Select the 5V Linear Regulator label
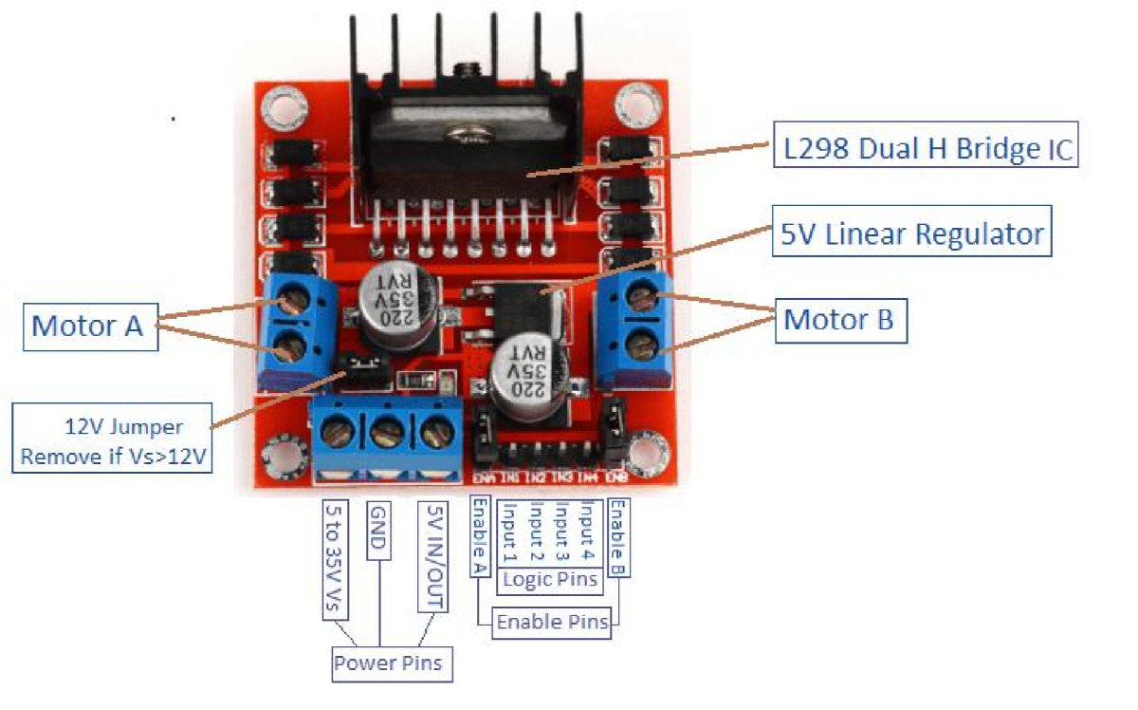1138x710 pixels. pyautogui.click(x=911, y=233)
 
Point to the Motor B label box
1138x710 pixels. pyautogui.click(x=839, y=320)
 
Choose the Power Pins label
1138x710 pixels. pyautogui.click(x=389, y=663)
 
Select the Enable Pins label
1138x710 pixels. pyautogui.click(x=555, y=624)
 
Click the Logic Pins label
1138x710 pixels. pyautogui.click(x=550, y=579)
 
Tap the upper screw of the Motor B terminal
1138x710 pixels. pyautogui.click(x=644, y=301)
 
